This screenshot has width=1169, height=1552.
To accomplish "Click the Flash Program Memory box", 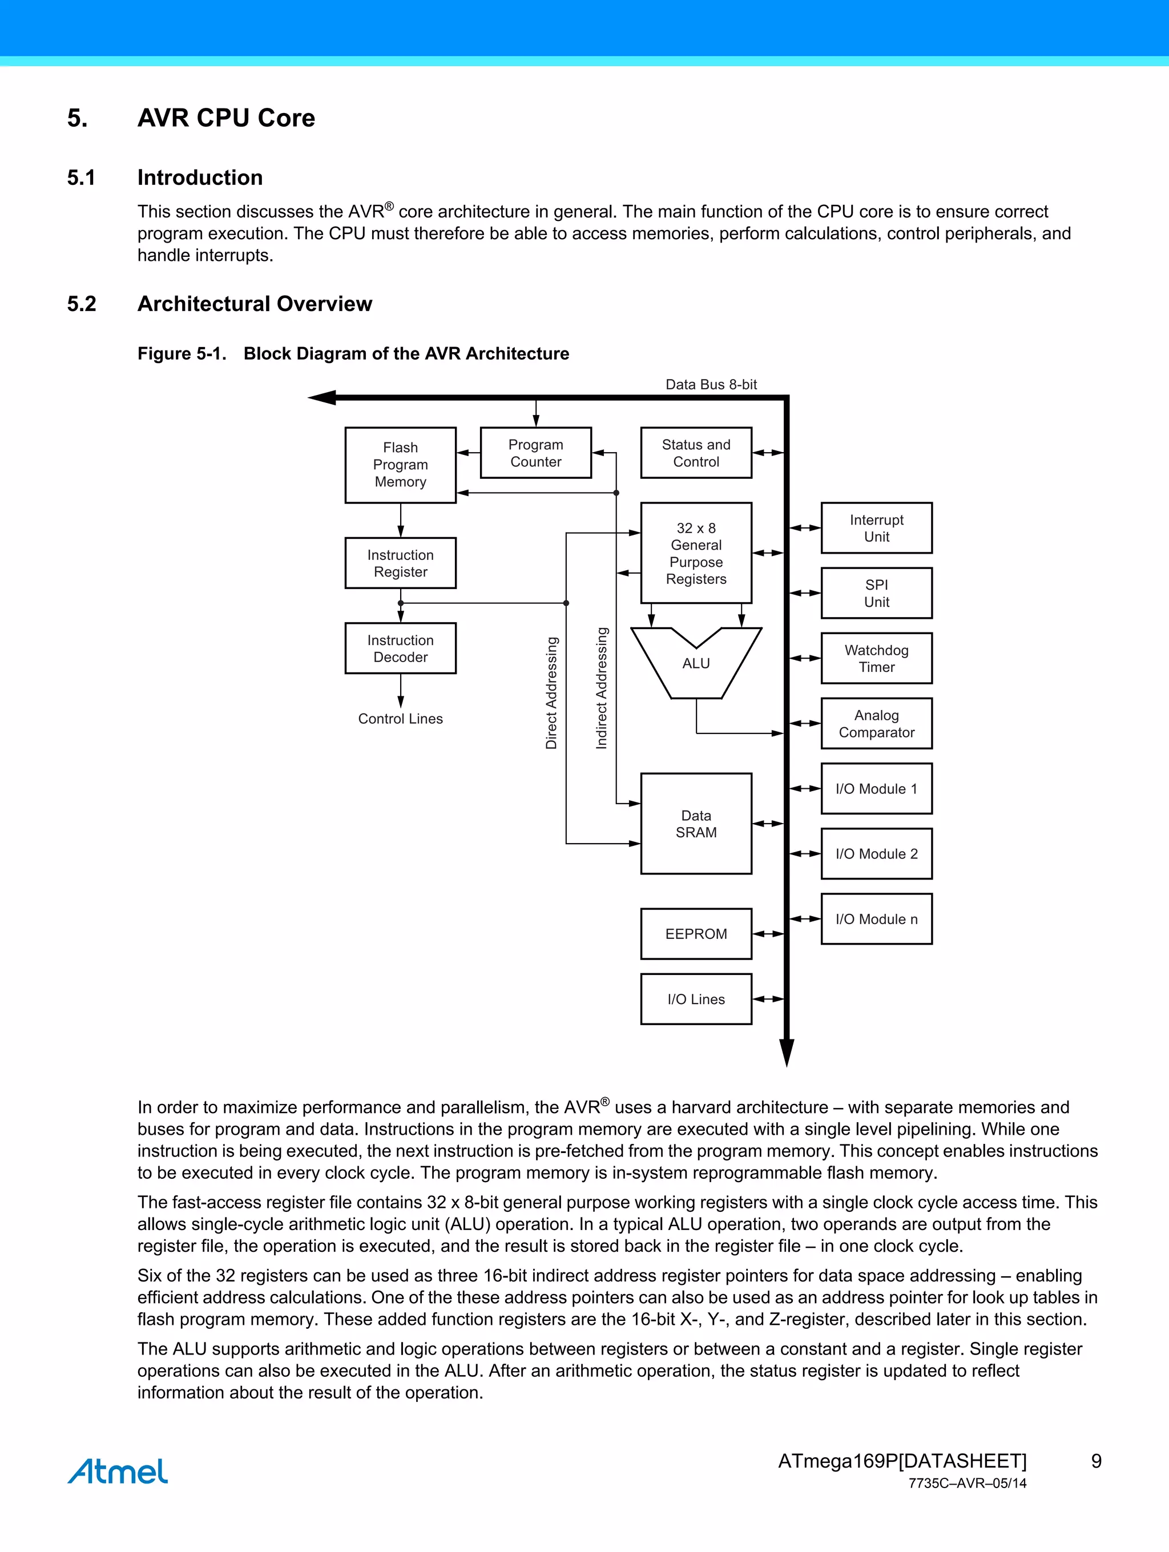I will point(400,465).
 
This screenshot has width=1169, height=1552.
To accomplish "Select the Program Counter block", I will point(535,453).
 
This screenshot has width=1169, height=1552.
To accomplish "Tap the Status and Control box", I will point(695,453).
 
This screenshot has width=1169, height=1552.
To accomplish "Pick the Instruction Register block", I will point(400,563).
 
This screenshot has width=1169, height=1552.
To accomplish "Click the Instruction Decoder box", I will point(400,648).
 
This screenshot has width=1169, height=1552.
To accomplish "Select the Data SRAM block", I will point(695,823).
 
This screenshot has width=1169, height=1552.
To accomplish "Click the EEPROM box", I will point(695,933).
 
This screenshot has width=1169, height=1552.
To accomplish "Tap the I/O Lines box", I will point(695,998).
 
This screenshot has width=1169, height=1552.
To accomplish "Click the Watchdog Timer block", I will point(876,658).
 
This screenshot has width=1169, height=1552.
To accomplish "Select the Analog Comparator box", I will point(876,723).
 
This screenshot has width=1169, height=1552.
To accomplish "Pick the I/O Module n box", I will point(876,918).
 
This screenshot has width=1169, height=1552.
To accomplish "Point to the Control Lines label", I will point(400,719).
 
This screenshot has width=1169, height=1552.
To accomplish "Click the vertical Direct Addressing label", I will point(551,692).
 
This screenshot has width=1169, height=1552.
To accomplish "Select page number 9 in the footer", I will point(1096,1461).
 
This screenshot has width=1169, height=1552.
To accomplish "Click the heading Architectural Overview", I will point(254,304).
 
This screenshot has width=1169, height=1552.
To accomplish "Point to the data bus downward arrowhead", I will point(787,1053).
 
